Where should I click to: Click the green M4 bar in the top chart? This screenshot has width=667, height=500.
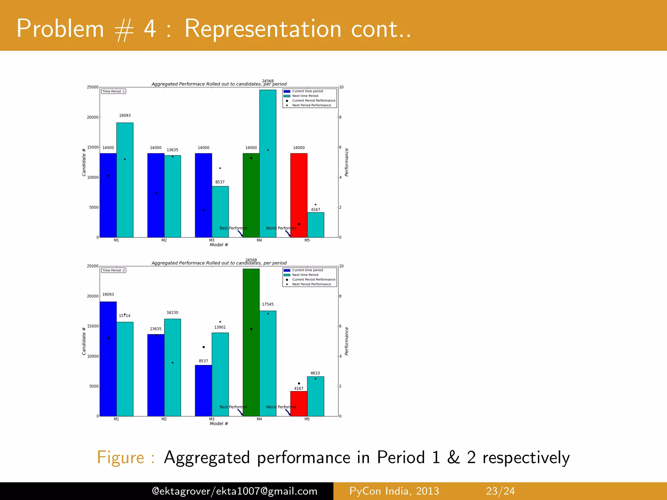(251, 195)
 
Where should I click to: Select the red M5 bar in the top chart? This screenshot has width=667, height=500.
(299, 195)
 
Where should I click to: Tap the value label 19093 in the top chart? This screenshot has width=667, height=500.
(125, 116)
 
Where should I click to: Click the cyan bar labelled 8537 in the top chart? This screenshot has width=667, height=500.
(220, 212)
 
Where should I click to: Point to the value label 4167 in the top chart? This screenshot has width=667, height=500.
(315, 210)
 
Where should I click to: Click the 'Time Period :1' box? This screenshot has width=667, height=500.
(113, 91)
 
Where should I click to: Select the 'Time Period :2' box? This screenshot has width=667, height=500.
(113, 270)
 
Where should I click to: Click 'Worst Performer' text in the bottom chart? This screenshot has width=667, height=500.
(281, 407)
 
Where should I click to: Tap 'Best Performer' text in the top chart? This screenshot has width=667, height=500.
(233, 228)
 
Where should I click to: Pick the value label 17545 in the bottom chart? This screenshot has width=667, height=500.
(268, 304)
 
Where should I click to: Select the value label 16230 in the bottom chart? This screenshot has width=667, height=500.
(172, 312)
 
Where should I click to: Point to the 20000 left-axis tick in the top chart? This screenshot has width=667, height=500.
(92, 117)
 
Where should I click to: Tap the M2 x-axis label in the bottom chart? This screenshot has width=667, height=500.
(164, 419)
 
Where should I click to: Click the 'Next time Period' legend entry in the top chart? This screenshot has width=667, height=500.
(305, 96)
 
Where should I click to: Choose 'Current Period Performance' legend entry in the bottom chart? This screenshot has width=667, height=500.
(313, 280)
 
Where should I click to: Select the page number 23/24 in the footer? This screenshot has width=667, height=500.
(500, 491)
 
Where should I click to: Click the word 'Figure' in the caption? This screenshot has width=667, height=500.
(121, 457)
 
